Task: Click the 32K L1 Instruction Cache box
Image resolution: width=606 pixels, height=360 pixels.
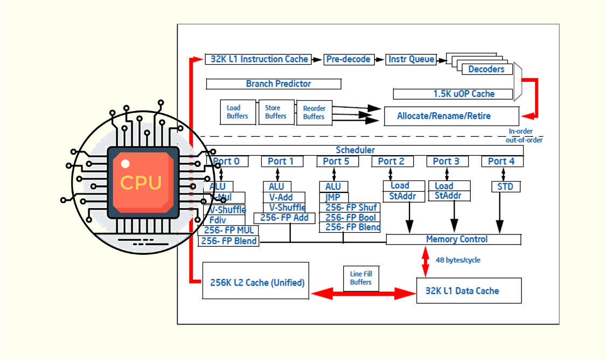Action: click(x=258, y=59)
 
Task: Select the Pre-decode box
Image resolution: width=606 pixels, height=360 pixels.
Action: click(x=345, y=59)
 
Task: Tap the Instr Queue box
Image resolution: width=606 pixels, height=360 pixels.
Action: click(x=411, y=59)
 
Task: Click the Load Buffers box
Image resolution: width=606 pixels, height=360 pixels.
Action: click(x=238, y=112)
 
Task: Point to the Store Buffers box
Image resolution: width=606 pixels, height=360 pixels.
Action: click(x=276, y=112)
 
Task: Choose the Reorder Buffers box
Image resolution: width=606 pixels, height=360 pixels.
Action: click(x=314, y=113)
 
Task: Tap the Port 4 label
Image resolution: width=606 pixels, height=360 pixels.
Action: click(x=501, y=161)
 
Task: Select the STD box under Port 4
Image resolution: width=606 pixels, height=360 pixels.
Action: click(x=506, y=187)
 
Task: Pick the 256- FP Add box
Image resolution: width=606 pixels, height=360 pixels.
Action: click(x=284, y=218)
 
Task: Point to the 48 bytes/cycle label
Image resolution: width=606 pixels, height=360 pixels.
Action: click(x=458, y=260)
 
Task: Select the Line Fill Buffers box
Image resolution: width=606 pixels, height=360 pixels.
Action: click(x=360, y=278)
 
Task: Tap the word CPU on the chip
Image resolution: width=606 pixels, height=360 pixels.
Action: click(x=141, y=182)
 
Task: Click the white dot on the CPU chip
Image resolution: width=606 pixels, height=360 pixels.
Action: click(x=125, y=163)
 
